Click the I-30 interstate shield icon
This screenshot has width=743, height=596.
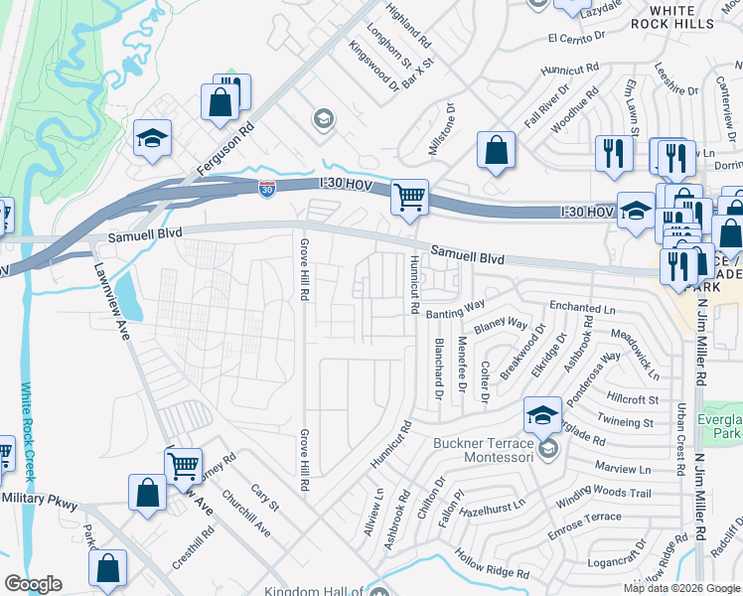click(266, 189)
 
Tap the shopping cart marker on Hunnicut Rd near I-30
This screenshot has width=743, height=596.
click(409, 197)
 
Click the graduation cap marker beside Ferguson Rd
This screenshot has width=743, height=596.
click(152, 138)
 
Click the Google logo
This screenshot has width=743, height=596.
click(33, 584)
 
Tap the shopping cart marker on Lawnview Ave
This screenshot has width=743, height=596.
click(183, 465)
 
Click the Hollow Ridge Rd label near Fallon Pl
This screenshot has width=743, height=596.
click(492, 562)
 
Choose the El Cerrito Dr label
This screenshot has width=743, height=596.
click(577, 37)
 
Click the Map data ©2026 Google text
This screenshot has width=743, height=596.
click(681, 588)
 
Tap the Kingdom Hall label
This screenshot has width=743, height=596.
click(313, 591)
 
